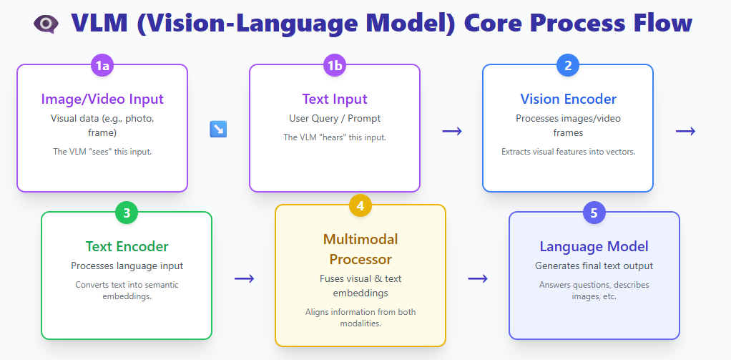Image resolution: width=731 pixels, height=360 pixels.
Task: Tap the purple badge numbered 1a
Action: click(102, 66)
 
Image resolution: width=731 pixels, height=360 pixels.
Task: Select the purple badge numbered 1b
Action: click(335, 66)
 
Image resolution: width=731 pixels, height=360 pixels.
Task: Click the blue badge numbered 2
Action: click(568, 66)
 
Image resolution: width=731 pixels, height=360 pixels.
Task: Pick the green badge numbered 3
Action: click(127, 213)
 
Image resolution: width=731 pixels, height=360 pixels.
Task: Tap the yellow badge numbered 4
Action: click(360, 206)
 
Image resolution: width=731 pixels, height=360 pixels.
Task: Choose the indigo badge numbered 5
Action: click(594, 213)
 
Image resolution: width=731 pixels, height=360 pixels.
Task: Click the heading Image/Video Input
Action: click(102, 99)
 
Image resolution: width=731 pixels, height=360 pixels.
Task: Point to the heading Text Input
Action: click(335, 99)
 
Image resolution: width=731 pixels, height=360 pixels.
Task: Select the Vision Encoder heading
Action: click(568, 99)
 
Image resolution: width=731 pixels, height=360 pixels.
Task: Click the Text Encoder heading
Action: click(127, 246)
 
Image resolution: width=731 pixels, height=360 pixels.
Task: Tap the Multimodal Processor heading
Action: click(360, 248)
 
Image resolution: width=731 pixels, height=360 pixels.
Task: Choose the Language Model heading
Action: click(594, 246)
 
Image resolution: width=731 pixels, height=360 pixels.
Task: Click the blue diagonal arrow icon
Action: click(218, 129)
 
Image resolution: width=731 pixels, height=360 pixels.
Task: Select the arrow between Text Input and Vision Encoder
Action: click(451, 130)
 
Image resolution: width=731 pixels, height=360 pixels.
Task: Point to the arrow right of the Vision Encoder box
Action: click(685, 130)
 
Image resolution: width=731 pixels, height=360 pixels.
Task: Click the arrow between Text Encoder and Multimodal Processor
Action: click(244, 278)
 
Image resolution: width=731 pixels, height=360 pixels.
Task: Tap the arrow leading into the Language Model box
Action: click(477, 278)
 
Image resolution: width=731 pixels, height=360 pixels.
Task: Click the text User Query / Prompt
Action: click(335, 118)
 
